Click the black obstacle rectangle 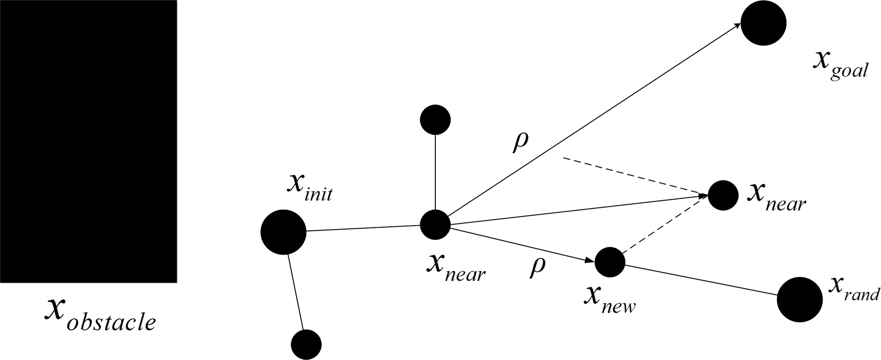[x=88, y=141]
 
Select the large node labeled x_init [x=283, y=232]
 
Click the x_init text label [x=309, y=189]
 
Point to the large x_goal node [x=763, y=23]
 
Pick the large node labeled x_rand [x=800, y=299]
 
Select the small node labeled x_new [x=610, y=262]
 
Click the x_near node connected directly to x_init [x=435, y=224]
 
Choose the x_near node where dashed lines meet [x=723, y=195]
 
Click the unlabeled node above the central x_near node [x=435, y=120]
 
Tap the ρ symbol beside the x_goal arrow [x=520, y=143]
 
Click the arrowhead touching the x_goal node [x=736, y=26]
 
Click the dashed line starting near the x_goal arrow [x=631, y=176]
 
